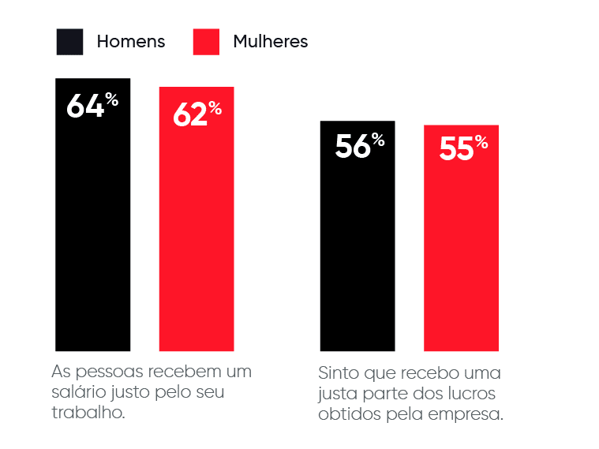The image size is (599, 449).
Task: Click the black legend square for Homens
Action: click(69, 42)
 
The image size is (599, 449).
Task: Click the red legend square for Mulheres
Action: click(206, 42)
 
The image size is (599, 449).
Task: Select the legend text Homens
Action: click(131, 42)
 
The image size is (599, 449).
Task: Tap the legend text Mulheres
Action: click(270, 42)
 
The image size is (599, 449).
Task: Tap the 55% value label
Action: click(462, 148)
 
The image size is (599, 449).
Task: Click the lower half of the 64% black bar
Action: click(92, 284)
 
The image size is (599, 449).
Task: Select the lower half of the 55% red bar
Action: click(461, 292)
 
